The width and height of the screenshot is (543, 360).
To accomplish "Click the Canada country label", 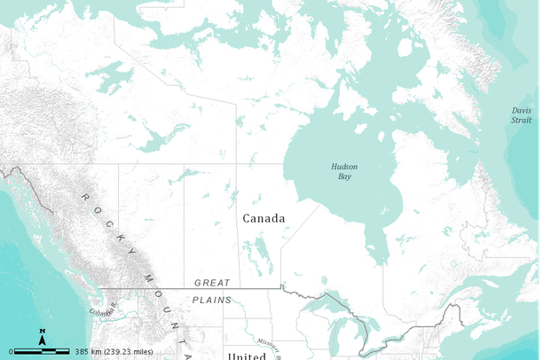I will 264,218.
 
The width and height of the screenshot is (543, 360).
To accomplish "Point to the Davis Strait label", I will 522,115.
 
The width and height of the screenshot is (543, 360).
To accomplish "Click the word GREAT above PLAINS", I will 212,283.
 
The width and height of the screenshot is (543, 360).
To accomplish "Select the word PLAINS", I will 212,300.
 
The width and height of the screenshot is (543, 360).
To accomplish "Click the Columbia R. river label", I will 102,311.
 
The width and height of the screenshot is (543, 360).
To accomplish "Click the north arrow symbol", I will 43,336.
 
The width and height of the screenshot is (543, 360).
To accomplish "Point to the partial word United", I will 247,356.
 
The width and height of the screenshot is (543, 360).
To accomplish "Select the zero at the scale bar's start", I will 12,351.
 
